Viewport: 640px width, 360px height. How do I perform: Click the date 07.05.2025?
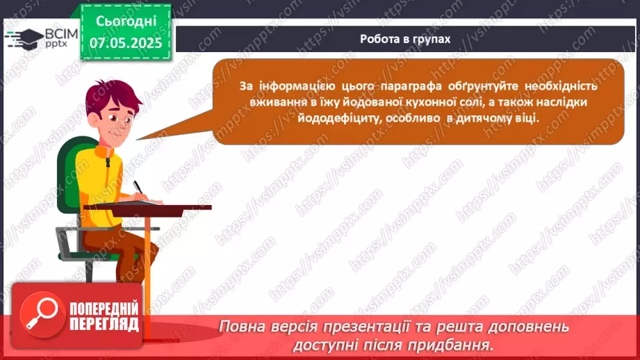(x=126, y=42)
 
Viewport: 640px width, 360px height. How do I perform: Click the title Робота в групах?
(x=405, y=39)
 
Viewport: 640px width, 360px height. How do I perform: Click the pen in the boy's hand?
(x=139, y=188)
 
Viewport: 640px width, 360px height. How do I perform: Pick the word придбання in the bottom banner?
(x=451, y=344)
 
